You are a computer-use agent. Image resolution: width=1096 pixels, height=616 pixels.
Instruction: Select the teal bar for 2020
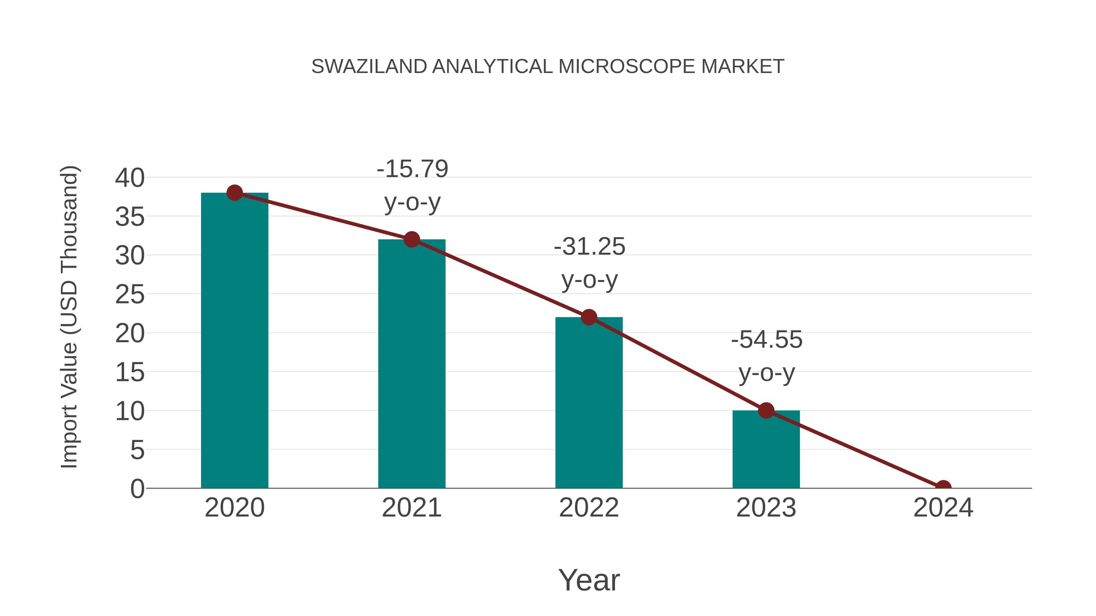point(234,340)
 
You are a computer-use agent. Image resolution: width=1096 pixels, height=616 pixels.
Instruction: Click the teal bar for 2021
point(411,364)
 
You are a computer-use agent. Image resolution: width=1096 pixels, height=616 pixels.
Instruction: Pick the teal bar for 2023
point(766,449)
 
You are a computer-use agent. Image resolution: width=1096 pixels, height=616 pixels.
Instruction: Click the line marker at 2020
point(234,193)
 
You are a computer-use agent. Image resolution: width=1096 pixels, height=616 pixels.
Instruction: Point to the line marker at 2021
point(411,239)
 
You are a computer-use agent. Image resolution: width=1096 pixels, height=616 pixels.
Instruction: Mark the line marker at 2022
point(589,317)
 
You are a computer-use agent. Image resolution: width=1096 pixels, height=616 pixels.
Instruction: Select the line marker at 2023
point(766,411)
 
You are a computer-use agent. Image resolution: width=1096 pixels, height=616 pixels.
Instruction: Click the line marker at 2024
point(943,487)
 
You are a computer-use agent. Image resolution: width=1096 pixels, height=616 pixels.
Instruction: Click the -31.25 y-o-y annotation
point(589,263)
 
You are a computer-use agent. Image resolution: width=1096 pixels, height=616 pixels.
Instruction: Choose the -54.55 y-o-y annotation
point(767,356)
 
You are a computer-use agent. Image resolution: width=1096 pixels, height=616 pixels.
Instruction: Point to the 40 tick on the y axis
point(130,178)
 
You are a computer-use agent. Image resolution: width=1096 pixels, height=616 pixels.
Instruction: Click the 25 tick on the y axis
point(130,294)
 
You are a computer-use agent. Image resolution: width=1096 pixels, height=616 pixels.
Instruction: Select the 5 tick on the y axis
point(137,450)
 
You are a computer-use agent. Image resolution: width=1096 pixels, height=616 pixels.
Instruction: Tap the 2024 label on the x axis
point(943,508)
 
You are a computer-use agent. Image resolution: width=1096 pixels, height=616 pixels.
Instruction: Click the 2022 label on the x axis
point(589,508)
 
